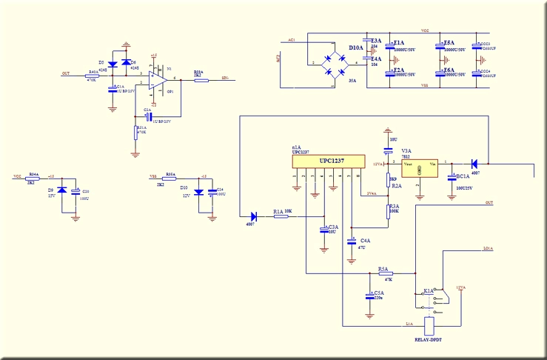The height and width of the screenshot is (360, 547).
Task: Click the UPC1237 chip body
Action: [x=328, y=162]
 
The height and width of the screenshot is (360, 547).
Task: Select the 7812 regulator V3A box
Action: [x=418, y=165]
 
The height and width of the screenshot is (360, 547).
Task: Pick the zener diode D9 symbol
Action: [x=62, y=190]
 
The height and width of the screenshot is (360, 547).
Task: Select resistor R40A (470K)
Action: [x=93, y=76]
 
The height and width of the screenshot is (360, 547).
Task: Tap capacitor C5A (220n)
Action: [x=369, y=295]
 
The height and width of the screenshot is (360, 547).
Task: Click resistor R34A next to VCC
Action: [x=33, y=179]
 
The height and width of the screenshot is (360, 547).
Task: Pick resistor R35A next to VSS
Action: [x=170, y=179]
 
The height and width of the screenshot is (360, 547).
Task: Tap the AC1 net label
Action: [x=292, y=39]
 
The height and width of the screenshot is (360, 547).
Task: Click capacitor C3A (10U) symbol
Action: [x=323, y=230]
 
